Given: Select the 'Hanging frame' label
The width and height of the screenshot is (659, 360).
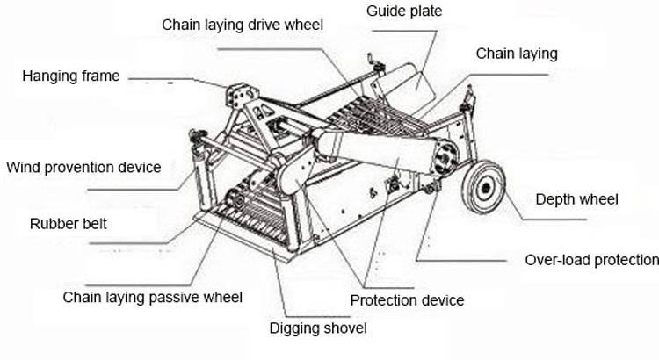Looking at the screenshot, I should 71,76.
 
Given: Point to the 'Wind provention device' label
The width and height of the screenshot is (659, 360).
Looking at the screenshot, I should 83,167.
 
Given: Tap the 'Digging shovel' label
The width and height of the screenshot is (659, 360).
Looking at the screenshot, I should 317,328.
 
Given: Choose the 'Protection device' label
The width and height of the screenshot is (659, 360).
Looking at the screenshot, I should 407,300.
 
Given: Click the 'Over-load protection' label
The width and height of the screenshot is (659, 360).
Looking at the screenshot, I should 591,260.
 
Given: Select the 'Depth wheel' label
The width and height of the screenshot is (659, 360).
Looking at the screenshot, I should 576,200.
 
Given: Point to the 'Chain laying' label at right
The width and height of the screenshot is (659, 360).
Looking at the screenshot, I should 517,54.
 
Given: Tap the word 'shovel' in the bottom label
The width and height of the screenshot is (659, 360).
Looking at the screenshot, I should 344,328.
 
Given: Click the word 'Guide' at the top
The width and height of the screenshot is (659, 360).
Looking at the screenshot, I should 381,12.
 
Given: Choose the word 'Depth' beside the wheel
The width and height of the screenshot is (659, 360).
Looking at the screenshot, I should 554,200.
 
